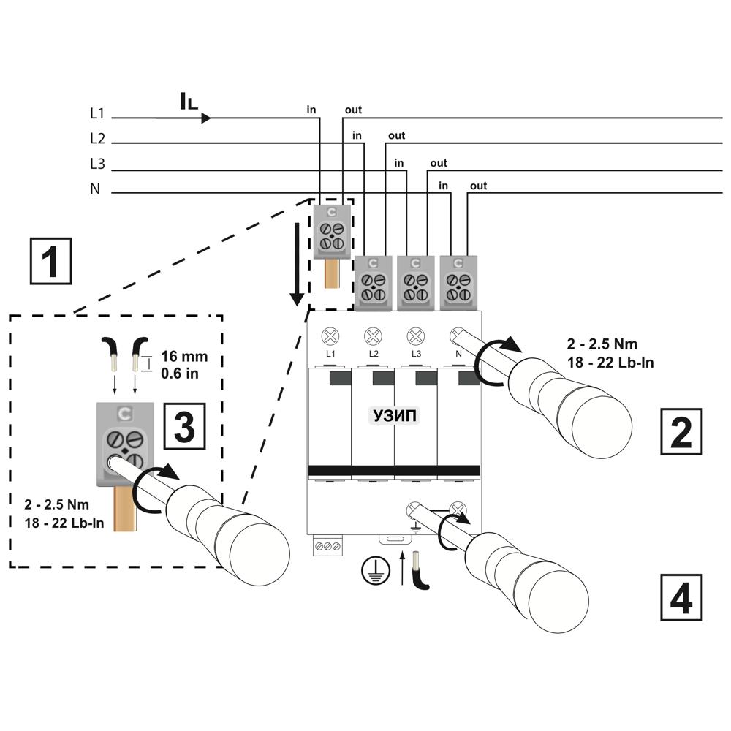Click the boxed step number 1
(x=51, y=261)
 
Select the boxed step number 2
(x=681, y=432)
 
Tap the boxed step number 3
(x=185, y=426)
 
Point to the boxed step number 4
(x=681, y=598)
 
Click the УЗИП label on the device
(x=395, y=415)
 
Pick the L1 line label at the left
(x=97, y=113)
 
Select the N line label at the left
(x=95, y=189)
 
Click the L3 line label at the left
(x=97, y=164)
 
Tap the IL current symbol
(x=189, y=102)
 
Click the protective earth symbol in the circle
(x=376, y=571)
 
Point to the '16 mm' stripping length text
(x=184, y=357)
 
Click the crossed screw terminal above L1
(x=330, y=336)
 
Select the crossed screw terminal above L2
(x=373, y=336)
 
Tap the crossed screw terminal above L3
(x=415, y=336)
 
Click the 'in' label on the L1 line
(x=311, y=110)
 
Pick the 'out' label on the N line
(x=478, y=186)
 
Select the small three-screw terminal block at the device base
(x=327, y=546)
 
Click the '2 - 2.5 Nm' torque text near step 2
(x=602, y=344)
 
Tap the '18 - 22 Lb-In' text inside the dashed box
(x=64, y=523)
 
